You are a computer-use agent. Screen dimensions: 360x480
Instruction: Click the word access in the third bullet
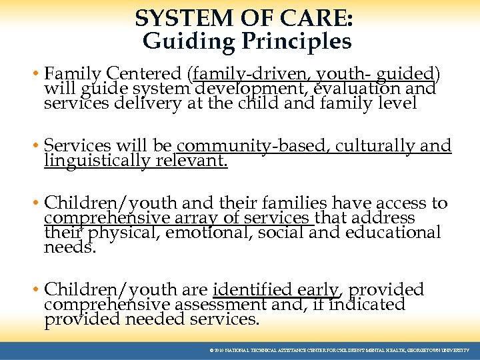[404, 203]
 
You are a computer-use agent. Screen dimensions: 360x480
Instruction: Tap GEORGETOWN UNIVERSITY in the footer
[440, 350]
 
